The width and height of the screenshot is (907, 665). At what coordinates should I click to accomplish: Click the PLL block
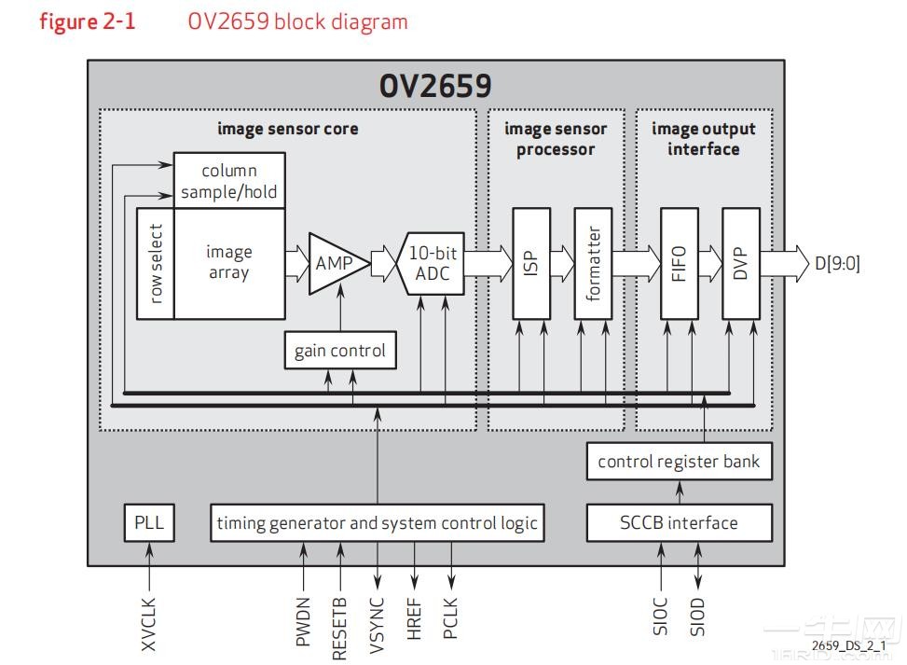point(148,522)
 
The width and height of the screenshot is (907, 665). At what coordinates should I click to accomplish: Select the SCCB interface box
point(679,522)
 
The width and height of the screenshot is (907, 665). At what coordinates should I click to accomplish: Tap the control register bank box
point(679,462)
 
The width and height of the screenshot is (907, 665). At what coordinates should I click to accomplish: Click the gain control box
point(339,351)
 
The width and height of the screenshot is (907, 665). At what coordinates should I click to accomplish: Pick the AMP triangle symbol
point(333,263)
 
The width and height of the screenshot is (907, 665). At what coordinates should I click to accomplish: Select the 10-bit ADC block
point(431,263)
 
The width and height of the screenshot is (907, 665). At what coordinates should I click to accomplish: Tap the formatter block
point(593,263)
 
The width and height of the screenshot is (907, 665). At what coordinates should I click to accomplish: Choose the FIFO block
point(679,263)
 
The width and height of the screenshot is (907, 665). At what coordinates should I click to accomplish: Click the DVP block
point(741,263)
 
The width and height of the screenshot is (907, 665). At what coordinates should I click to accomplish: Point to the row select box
point(155,263)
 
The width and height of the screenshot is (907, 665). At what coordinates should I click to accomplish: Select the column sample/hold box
point(229,181)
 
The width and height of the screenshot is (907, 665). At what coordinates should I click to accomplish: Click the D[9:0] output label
point(837,264)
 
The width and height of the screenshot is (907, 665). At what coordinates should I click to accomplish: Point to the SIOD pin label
point(698,617)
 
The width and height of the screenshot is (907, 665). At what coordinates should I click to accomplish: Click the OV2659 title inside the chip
point(435,86)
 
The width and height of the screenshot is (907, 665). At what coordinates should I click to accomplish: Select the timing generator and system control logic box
point(377,522)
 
